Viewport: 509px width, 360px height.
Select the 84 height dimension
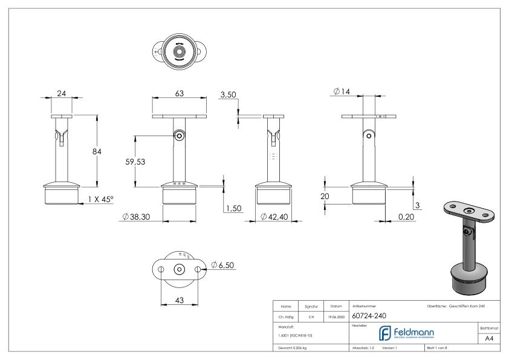pyautogui.click(x=97, y=151)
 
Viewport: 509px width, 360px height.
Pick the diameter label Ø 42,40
pyautogui.click(x=274, y=217)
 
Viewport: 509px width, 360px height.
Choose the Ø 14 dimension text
pyautogui.click(x=342, y=92)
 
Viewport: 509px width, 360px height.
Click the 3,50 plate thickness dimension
pyautogui.click(x=229, y=94)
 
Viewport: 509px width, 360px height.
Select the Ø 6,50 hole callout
pyautogui.click(x=225, y=264)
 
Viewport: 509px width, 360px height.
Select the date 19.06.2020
pyautogui.click(x=337, y=316)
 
